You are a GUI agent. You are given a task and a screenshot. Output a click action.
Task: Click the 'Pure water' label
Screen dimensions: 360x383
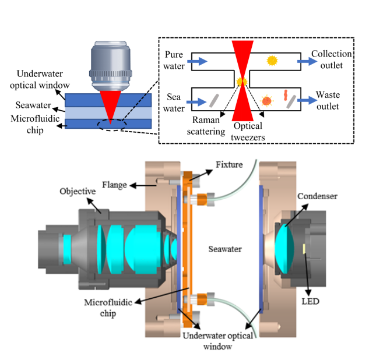174,60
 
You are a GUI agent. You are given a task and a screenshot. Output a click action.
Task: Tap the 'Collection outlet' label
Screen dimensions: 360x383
331,59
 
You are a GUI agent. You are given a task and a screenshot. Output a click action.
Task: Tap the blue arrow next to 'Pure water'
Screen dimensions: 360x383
196,60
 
